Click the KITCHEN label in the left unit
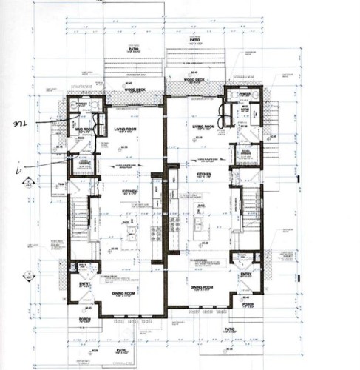pos(129,191)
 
